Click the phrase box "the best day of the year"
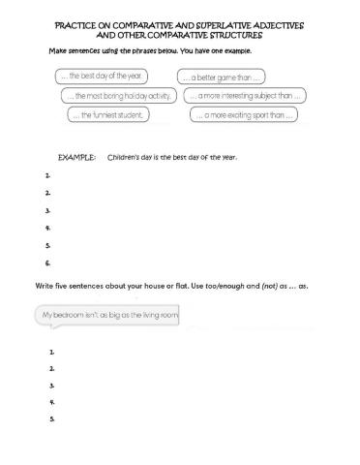coord(101,77)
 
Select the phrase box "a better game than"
coord(223,77)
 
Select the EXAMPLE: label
coord(76,156)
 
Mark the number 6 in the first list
coord(47,263)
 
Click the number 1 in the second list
coord(51,352)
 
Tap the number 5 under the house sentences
coord(51,418)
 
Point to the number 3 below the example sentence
coord(47,209)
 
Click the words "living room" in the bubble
coord(160,315)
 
